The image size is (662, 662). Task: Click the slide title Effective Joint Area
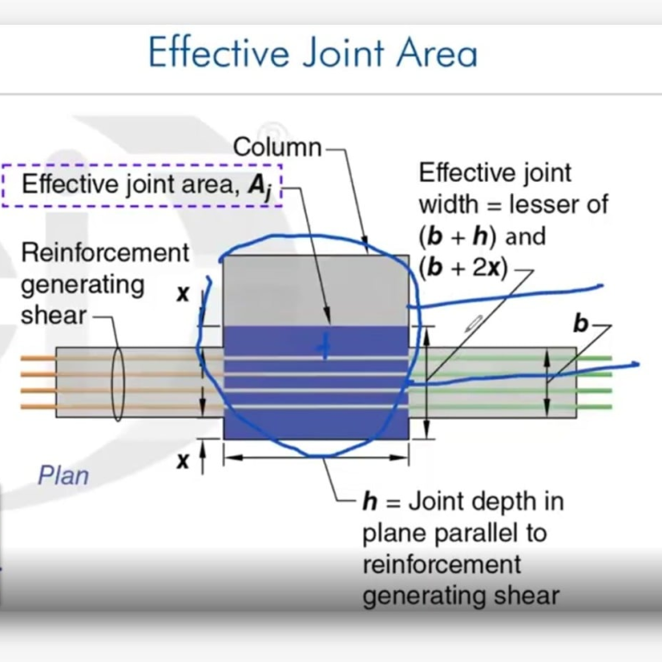[x=312, y=53]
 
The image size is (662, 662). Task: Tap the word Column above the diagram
[x=277, y=147]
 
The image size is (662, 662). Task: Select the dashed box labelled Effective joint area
[x=142, y=185]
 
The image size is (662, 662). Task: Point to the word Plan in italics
[x=63, y=474]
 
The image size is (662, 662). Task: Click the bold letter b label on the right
[x=581, y=324]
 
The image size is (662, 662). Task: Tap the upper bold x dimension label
[x=183, y=294]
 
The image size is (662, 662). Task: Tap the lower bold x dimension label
[x=183, y=461]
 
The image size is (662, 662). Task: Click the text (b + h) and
[x=482, y=235]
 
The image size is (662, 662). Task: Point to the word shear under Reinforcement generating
[x=53, y=315]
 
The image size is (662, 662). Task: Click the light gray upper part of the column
[x=315, y=289]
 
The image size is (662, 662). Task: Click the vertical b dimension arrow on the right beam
[x=547, y=379]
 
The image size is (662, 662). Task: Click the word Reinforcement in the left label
[x=104, y=253]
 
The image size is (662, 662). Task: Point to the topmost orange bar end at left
[x=26, y=358]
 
